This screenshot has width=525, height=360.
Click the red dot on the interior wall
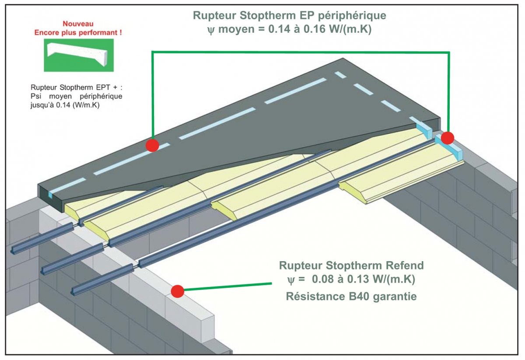click(x=178, y=291)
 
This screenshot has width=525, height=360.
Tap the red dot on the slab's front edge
click(x=152, y=145)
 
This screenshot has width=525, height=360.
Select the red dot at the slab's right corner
click(x=448, y=138)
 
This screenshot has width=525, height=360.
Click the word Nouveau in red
click(x=78, y=24)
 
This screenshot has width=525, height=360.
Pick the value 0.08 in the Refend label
click(x=323, y=279)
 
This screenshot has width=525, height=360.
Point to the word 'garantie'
click(x=395, y=297)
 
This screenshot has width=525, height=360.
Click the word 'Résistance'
click(x=316, y=297)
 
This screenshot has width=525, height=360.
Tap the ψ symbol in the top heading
click(x=211, y=30)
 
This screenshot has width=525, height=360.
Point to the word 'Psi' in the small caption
click(x=36, y=96)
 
